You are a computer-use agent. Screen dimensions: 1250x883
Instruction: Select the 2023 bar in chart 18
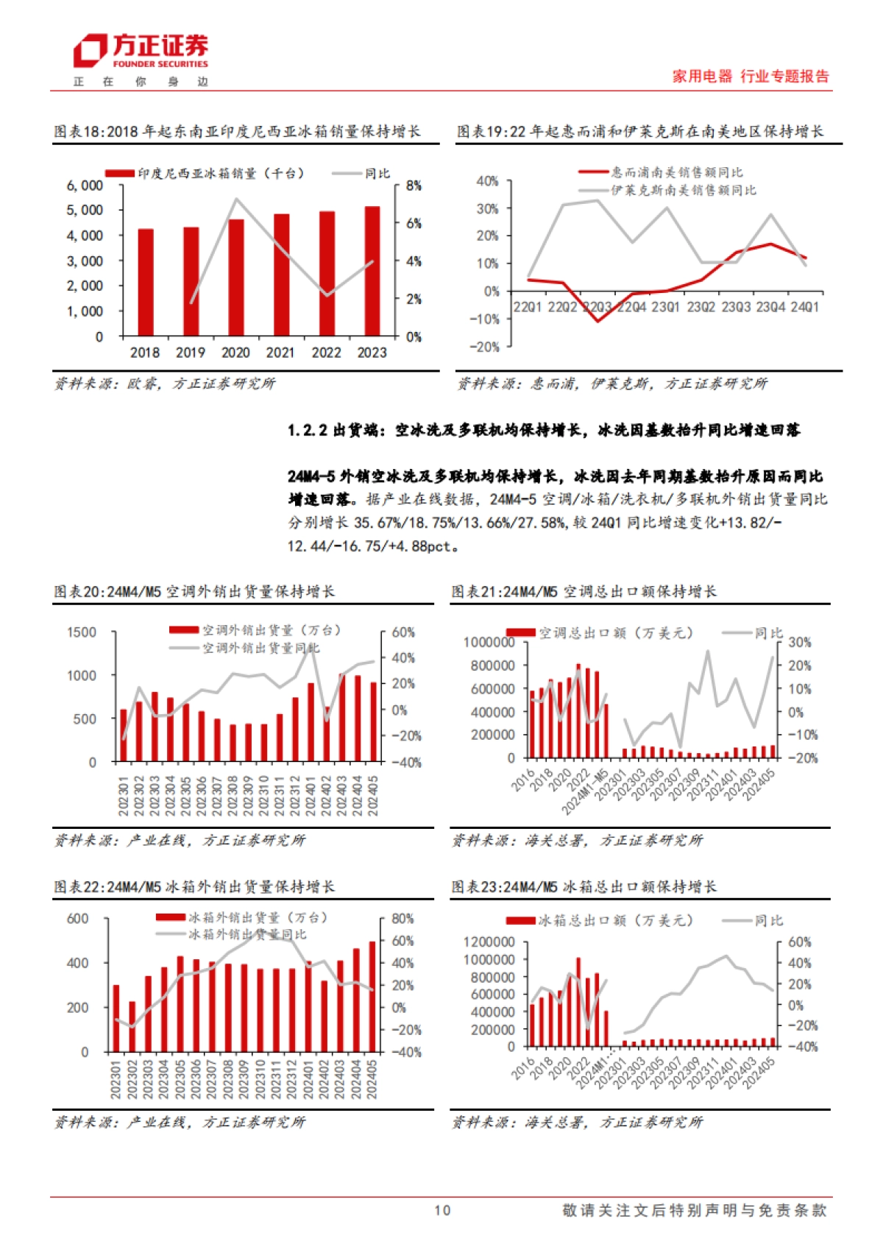(x=372, y=271)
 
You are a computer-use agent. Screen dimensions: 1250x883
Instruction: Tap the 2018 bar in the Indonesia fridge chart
(x=146, y=283)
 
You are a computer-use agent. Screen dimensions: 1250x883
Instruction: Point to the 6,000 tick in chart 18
(x=85, y=186)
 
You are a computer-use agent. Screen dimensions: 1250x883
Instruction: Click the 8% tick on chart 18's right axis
(x=414, y=186)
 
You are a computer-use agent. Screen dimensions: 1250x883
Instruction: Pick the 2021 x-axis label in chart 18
(x=280, y=353)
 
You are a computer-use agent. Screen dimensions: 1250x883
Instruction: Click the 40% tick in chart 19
(x=487, y=181)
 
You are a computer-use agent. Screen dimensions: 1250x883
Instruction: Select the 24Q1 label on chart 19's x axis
(x=804, y=307)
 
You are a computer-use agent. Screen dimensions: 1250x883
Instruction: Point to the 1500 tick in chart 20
(x=81, y=632)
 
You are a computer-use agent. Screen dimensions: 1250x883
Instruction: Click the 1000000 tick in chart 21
(x=489, y=643)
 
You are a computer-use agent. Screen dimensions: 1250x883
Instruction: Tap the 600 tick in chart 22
(x=77, y=919)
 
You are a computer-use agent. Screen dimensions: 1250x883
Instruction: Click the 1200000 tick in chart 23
(x=489, y=942)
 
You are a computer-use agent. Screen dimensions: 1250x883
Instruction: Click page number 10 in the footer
(x=441, y=1210)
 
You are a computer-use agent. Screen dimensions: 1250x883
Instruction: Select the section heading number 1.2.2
(x=307, y=431)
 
